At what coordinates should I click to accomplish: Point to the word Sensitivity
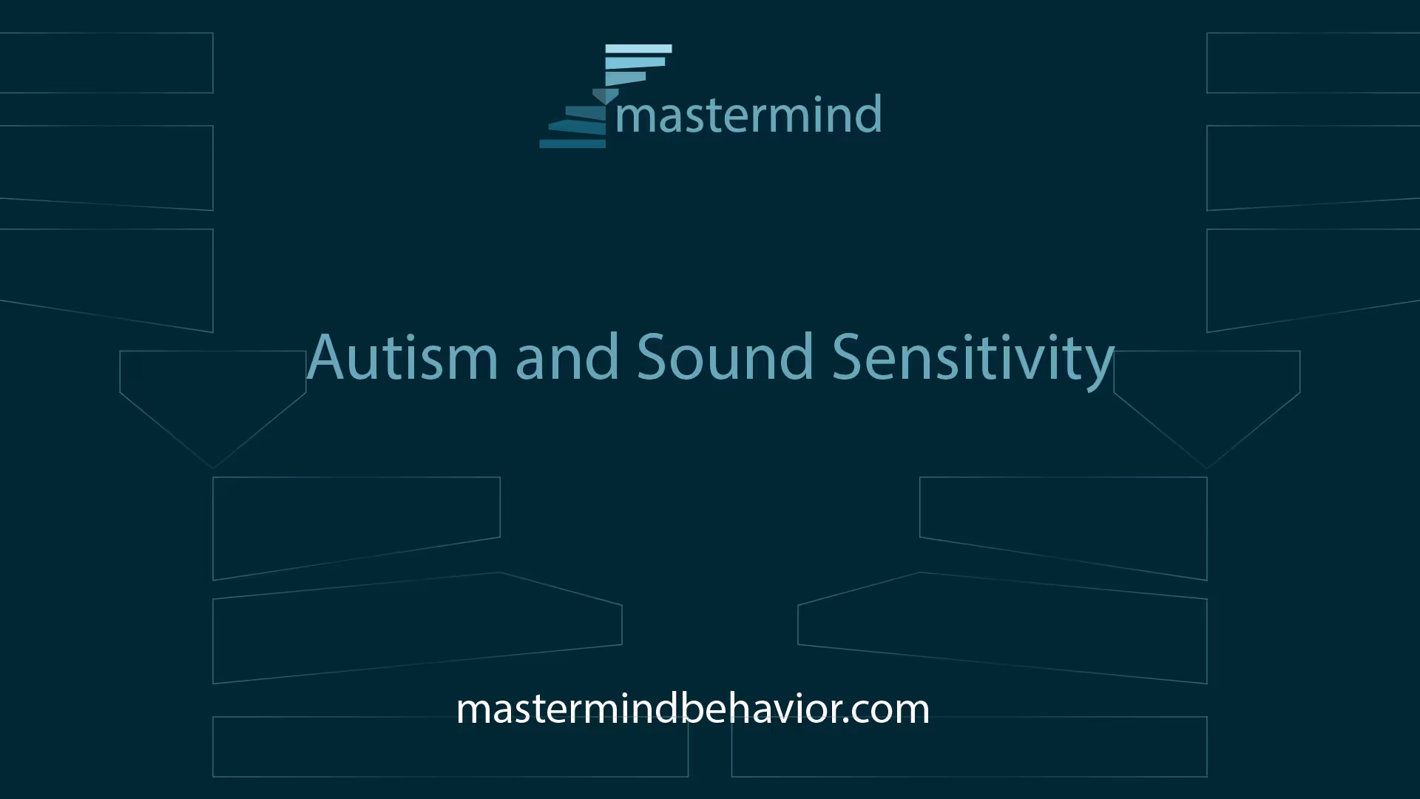(x=973, y=360)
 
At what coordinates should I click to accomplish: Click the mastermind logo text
(x=748, y=115)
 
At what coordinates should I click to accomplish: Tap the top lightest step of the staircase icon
(x=638, y=49)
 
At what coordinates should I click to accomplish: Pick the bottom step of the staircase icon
(x=572, y=143)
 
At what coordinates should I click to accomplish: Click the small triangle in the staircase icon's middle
(x=606, y=96)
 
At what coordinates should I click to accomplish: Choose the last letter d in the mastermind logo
(x=868, y=115)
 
